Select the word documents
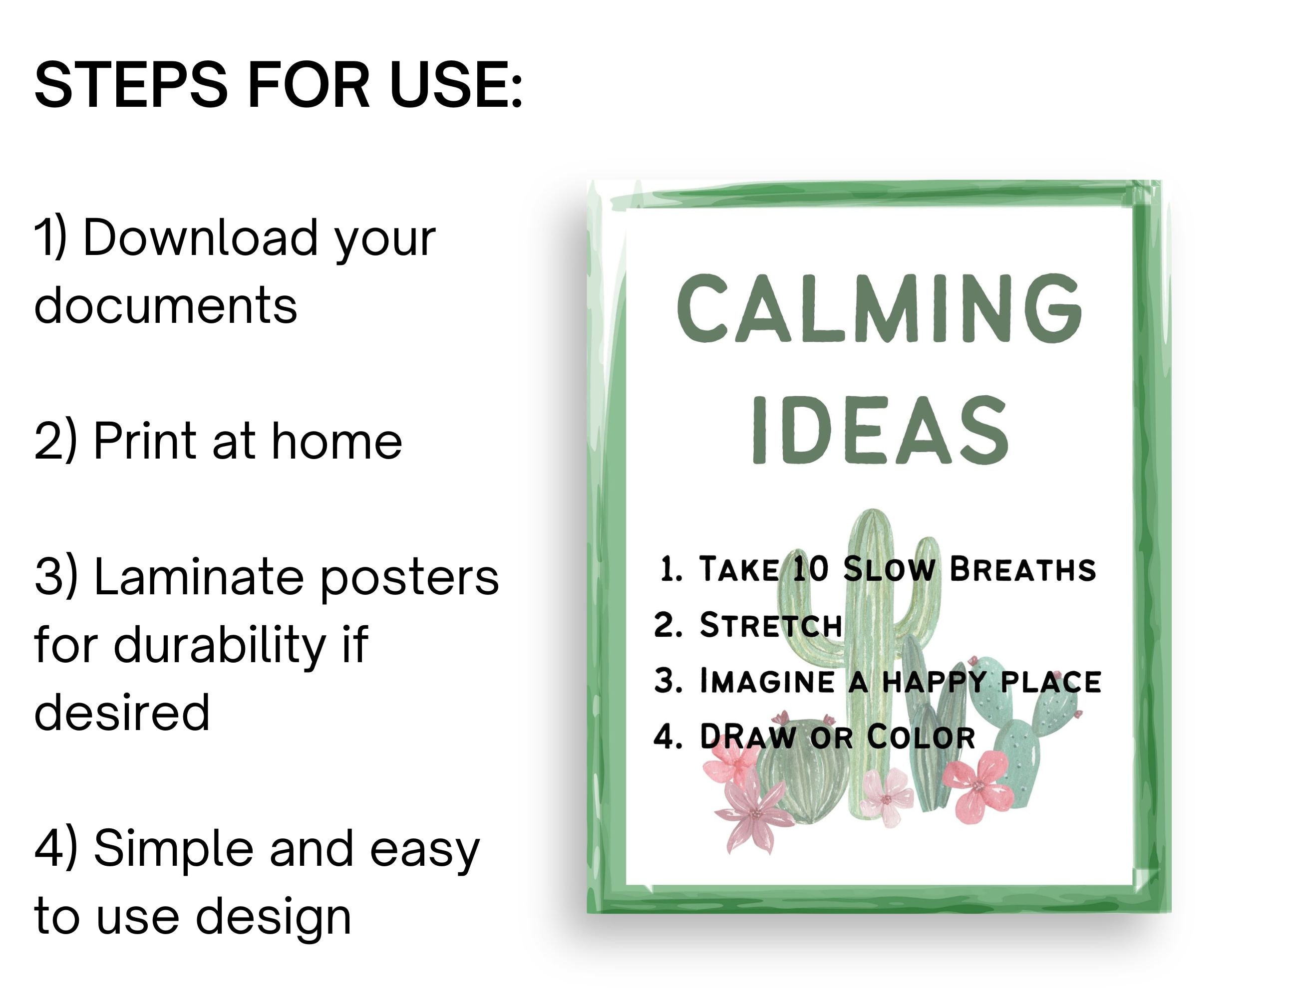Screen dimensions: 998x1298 coord(165,305)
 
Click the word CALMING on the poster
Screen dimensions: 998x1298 coord(879,309)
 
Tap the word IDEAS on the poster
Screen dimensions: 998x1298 coord(880,431)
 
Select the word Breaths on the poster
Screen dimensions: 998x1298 coord(1022,569)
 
